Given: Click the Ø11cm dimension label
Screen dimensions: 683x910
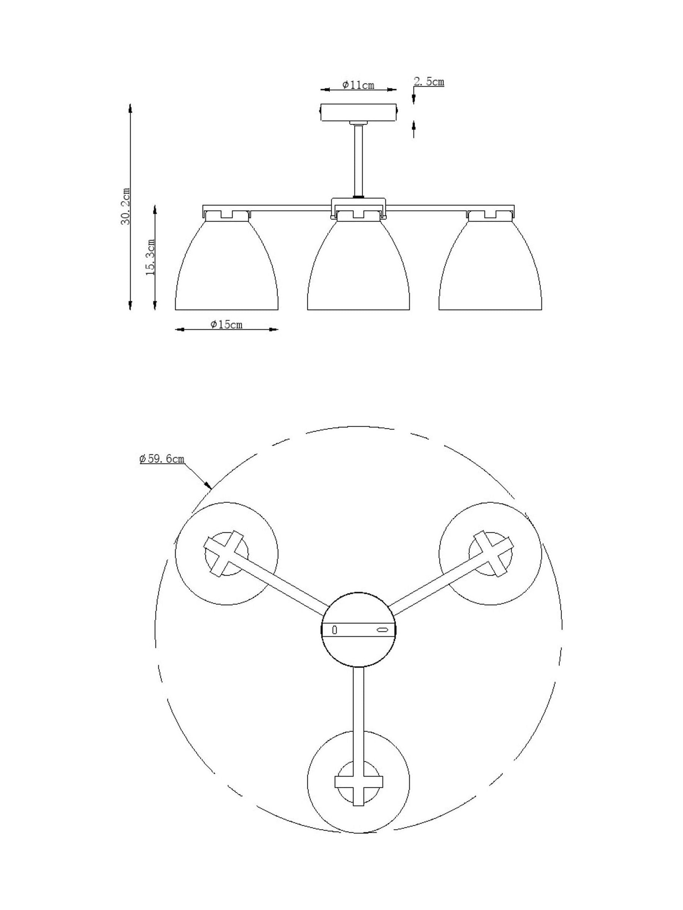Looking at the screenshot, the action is click(358, 85).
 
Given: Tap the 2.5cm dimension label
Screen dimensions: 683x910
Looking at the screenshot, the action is click(429, 82).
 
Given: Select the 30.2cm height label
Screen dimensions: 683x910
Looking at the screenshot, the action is click(126, 207).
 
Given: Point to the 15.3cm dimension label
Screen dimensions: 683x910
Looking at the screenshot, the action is click(151, 257).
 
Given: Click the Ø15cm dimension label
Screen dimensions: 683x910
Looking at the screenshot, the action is click(227, 325).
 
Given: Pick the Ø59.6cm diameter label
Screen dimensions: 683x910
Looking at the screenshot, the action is click(162, 459).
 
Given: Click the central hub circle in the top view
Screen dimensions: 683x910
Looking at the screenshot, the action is click(358, 629).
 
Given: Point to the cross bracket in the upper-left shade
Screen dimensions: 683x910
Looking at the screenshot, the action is click(227, 553).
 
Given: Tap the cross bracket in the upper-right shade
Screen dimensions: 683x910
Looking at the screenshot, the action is click(490, 553).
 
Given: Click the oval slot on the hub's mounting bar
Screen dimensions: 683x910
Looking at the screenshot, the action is click(382, 630).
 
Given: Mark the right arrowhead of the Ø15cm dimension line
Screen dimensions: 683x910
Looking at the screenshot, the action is click(273, 329).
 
